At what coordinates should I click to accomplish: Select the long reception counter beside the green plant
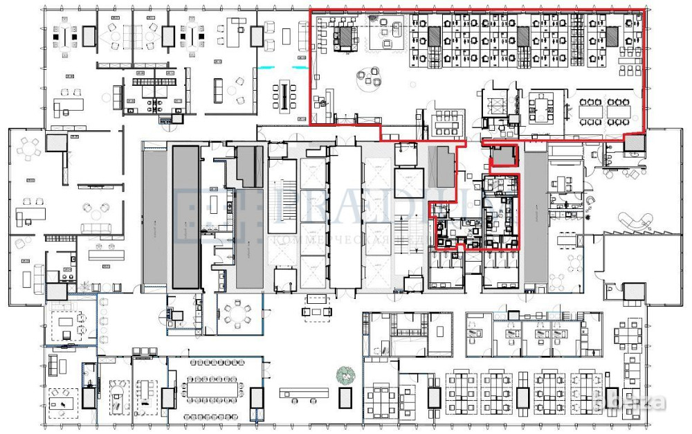point(304,393)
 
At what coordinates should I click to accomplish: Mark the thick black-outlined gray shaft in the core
point(185,217)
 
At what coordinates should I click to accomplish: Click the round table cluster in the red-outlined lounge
point(367,78)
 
